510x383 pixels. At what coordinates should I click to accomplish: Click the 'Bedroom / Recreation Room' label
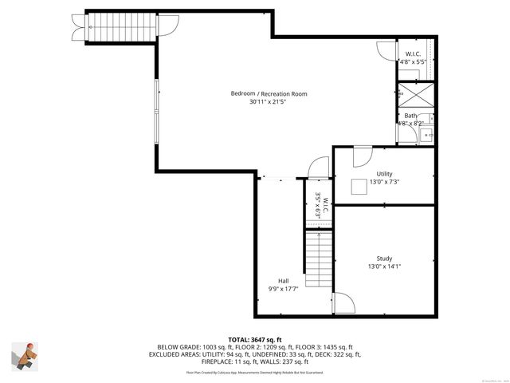click(x=269, y=93)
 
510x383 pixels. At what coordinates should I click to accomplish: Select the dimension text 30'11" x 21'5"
click(x=269, y=102)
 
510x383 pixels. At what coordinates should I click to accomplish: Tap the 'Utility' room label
click(x=384, y=174)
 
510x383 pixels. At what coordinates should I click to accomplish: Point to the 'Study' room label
click(x=384, y=258)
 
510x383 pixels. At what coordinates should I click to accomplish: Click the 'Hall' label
click(x=283, y=280)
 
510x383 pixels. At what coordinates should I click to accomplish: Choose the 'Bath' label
click(x=410, y=116)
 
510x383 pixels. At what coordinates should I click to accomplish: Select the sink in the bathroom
click(x=428, y=133)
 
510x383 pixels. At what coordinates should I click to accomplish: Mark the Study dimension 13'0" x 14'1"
click(x=384, y=267)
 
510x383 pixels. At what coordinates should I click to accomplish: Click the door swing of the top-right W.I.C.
click(x=386, y=52)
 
